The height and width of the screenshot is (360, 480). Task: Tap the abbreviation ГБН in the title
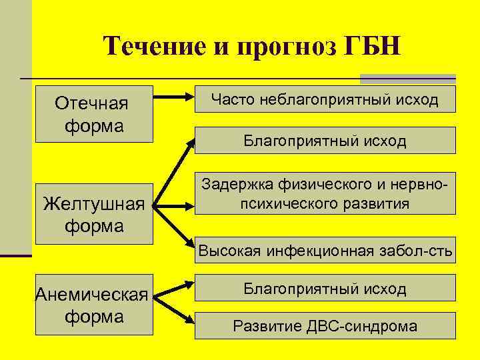click(x=367, y=47)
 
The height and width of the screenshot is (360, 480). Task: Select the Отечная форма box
click(x=94, y=114)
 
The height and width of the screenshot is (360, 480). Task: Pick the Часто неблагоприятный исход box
click(x=325, y=99)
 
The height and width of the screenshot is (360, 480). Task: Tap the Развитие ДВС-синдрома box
click(x=325, y=326)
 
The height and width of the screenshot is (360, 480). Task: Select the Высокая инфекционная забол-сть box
click(x=325, y=251)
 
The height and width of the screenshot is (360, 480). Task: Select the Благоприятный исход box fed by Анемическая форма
click(x=325, y=289)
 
